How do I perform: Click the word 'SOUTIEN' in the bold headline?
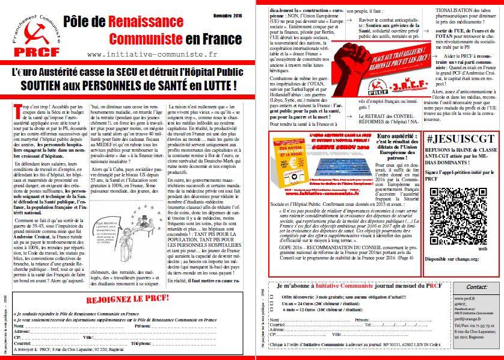coord(43,85)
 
